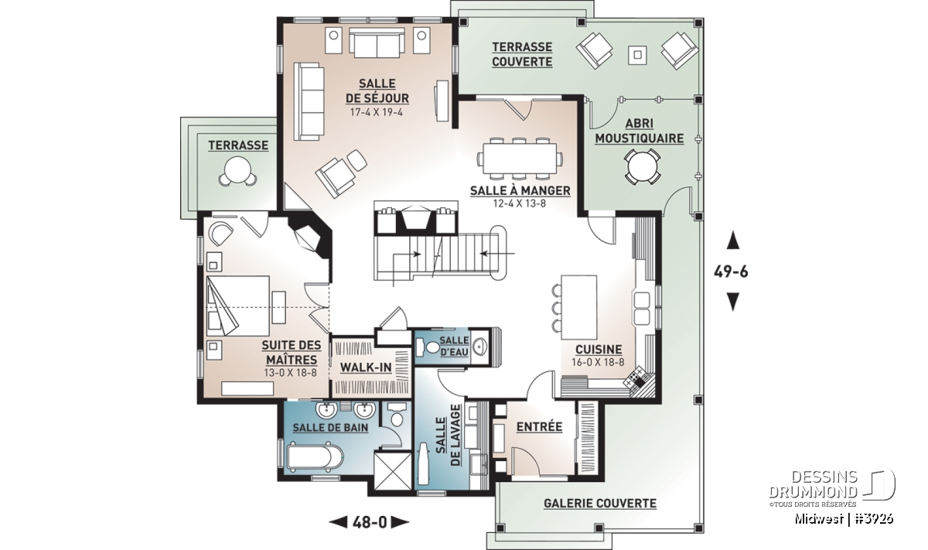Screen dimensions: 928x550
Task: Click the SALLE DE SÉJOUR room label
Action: pyautogui.click(x=377, y=91)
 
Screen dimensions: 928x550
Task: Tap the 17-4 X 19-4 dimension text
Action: pyautogui.click(x=377, y=112)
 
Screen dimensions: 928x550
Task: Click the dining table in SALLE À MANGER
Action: pyautogui.click(x=520, y=159)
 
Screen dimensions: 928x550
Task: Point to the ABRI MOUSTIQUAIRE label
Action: pyautogui.click(x=640, y=131)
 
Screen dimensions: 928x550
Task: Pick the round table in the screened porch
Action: pyautogui.click(x=642, y=167)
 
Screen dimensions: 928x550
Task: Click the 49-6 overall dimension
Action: pyautogui.click(x=732, y=272)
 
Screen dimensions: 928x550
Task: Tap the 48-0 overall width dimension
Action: pyautogui.click(x=370, y=523)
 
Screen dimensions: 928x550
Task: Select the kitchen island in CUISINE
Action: pyautogui.click(x=578, y=306)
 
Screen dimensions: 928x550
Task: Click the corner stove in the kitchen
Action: pyautogui.click(x=637, y=378)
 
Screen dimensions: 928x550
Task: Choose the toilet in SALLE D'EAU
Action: pyautogui.click(x=428, y=347)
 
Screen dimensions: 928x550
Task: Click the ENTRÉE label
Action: pyautogui.click(x=539, y=426)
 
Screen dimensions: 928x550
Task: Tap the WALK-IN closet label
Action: pyautogui.click(x=366, y=367)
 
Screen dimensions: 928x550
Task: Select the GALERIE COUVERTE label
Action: pyautogui.click(x=600, y=503)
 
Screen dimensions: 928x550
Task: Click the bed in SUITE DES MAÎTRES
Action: pyautogui.click(x=238, y=306)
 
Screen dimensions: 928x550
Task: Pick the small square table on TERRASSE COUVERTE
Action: pyautogui.click(x=637, y=55)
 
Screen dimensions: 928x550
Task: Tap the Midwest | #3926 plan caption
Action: pyautogui.click(x=844, y=519)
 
